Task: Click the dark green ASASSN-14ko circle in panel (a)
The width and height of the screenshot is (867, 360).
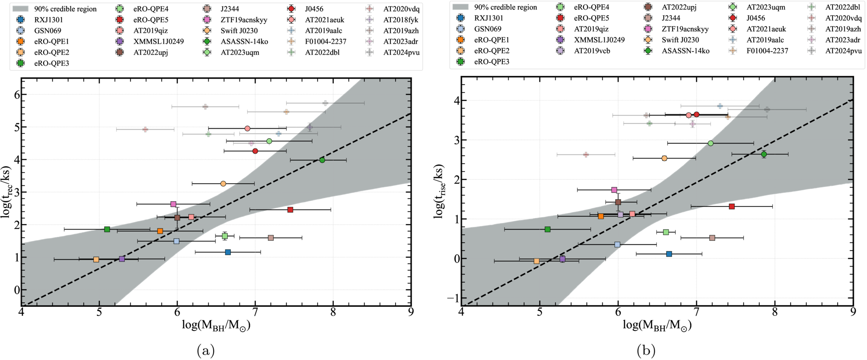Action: coord(322,160)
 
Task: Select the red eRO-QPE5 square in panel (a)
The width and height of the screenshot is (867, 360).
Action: coord(290,210)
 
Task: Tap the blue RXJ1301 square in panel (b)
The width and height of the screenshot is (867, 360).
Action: coord(669,254)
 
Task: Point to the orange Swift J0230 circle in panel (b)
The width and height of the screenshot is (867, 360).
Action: coord(664,158)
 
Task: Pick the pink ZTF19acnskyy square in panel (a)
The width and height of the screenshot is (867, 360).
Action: coord(173,204)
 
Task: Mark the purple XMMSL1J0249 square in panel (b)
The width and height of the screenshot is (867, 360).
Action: coord(563,259)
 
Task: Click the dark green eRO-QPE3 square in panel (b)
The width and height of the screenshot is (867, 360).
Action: coord(548,230)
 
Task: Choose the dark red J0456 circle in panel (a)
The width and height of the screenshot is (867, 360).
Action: coord(255,151)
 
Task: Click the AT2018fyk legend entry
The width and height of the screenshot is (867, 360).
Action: coord(394,20)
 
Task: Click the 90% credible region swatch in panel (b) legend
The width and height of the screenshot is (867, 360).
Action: coord(461,7)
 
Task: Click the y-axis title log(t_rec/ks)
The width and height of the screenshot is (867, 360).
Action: coord(6,192)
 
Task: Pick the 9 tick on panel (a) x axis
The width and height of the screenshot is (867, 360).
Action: coord(411,312)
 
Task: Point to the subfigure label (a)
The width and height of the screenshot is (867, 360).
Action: coord(206,350)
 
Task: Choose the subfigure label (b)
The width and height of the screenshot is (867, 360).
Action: coord(646,350)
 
